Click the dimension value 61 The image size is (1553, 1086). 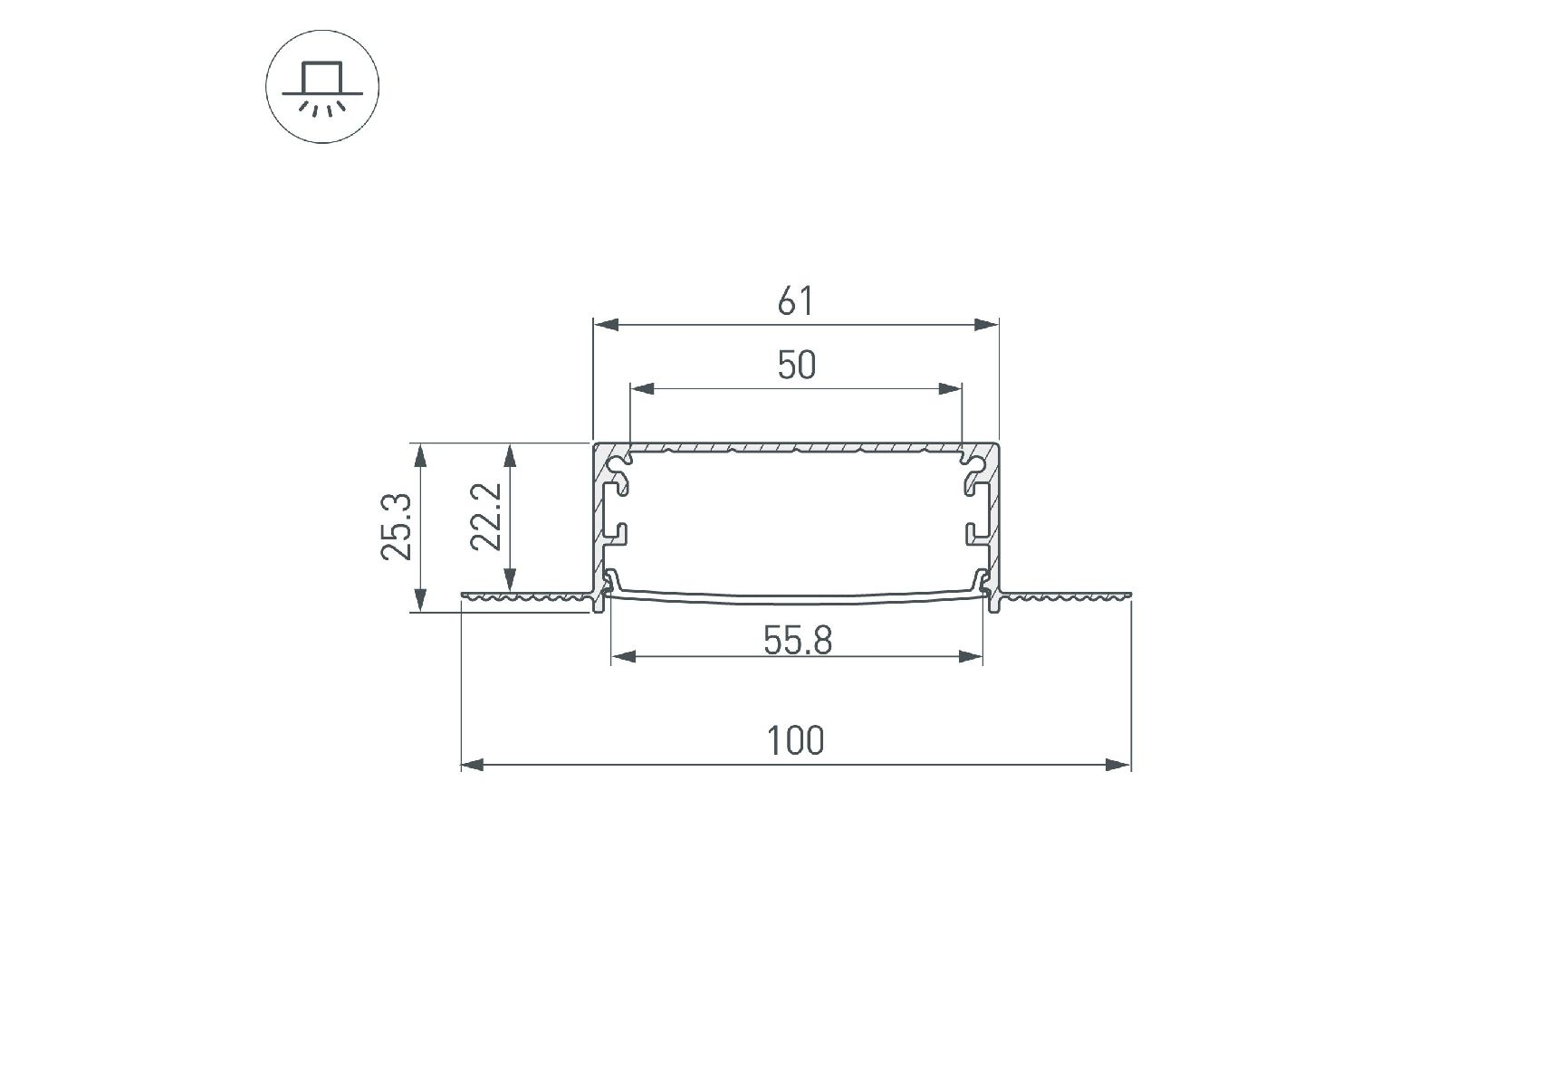tap(796, 301)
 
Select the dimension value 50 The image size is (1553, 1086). tap(797, 366)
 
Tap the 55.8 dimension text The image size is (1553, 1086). tap(797, 641)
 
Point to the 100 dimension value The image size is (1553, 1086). tap(796, 741)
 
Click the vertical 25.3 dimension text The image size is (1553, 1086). tap(398, 527)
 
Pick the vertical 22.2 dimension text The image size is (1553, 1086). tap(486, 516)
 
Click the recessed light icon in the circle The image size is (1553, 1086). tap(322, 88)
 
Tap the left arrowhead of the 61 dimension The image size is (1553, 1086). tap(606, 324)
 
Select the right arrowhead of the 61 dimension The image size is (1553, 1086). tap(986, 324)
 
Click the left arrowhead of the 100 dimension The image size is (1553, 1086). tap(474, 765)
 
